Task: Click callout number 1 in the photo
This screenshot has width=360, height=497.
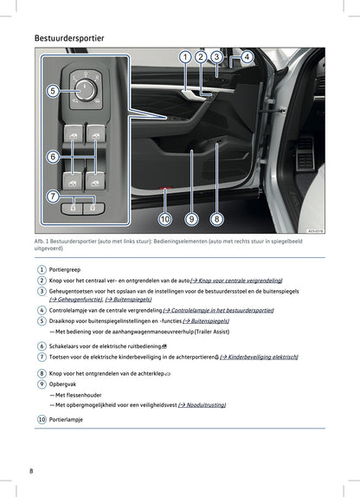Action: [x=184, y=57]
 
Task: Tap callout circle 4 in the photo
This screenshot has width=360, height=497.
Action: [x=246, y=57]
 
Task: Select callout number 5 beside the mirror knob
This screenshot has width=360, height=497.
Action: [x=52, y=90]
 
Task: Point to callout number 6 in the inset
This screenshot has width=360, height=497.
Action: [x=52, y=157]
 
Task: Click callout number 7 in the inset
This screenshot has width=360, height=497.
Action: [x=52, y=197]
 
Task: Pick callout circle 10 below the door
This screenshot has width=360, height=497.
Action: [x=164, y=219]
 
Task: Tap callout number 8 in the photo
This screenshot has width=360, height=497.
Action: [x=216, y=219]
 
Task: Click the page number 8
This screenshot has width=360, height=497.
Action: [x=31, y=470]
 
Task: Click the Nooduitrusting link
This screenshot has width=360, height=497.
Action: [x=206, y=404]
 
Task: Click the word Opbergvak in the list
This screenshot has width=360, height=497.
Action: [x=64, y=382]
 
